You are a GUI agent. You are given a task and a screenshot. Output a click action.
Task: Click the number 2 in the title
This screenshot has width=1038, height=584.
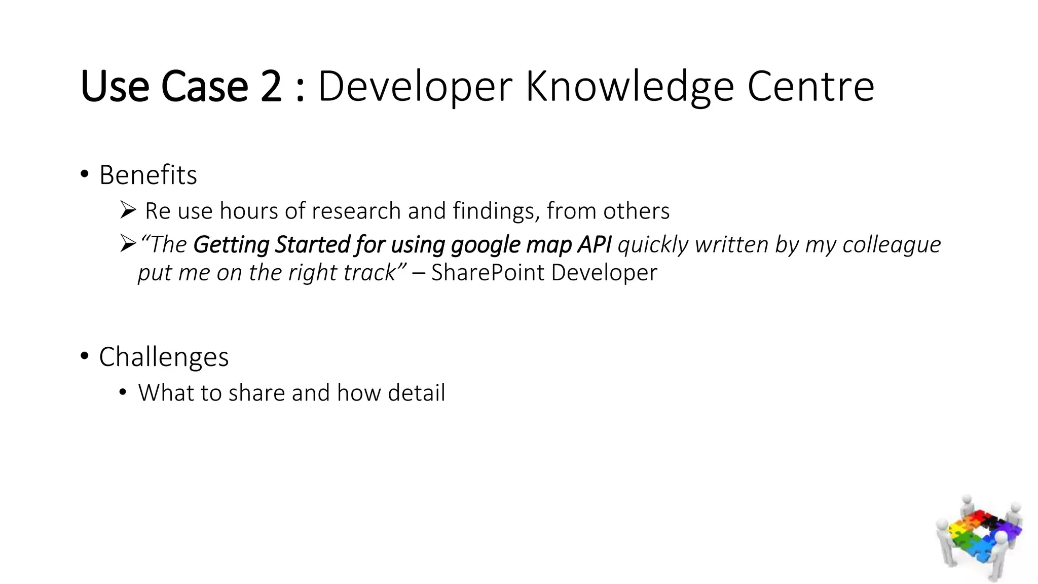pyautogui.click(x=271, y=87)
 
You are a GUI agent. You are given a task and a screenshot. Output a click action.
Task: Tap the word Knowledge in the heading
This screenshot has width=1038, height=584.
pyautogui.click(x=629, y=87)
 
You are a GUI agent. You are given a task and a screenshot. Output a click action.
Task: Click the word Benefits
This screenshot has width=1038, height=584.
pyautogui.click(x=148, y=175)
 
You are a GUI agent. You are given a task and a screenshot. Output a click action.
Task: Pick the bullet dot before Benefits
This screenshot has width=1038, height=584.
pyautogui.click(x=85, y=174)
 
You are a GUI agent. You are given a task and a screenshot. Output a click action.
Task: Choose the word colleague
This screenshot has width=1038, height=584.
pyautogui.click(x=892, y=245)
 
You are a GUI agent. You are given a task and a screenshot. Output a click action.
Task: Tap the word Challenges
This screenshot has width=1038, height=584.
pyautogui.click(x=164, y=357)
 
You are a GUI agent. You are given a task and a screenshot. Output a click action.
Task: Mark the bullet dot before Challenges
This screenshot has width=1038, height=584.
pyautogui.click(x=85, y=356)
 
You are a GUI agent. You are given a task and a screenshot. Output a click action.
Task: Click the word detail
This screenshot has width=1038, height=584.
pyautogui.click(x=416, y=393)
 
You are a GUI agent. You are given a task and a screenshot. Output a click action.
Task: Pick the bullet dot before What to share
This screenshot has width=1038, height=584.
pyautogui.click(x=122, y=392)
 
